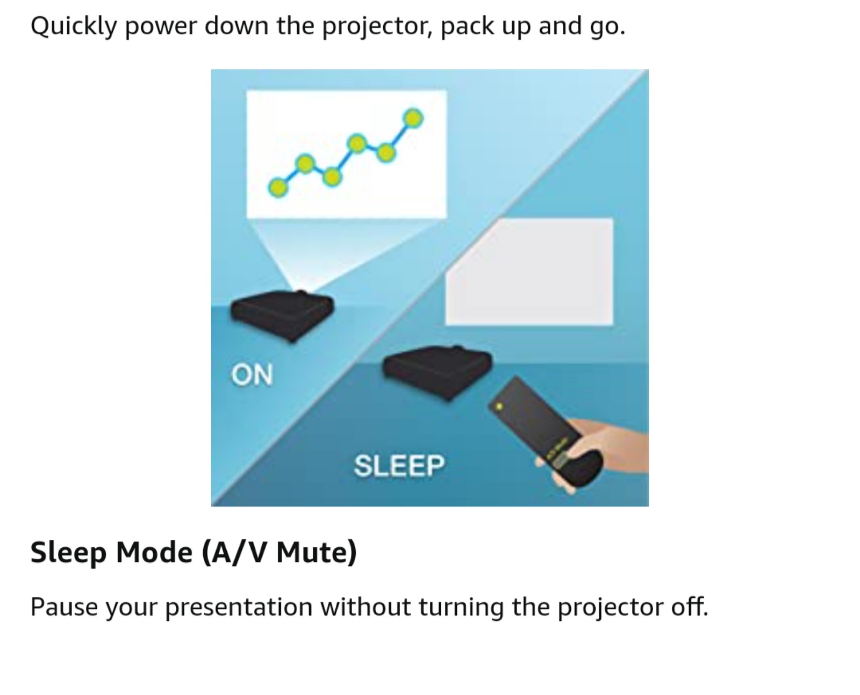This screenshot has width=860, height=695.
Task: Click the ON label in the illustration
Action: pyautogui.click(x=252, y=375)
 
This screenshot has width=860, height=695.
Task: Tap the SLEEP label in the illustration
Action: pyautogui.click(x=399, y=466)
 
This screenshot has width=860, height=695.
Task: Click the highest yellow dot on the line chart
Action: pyautogui.click(x=413, y=119)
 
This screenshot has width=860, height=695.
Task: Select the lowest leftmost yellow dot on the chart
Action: pyautogui.click(x=278, y=187)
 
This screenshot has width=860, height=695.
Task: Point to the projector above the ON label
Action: pyautogui.click(x=282, y=315)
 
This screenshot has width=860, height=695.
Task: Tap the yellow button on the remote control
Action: pyautogui.click(x=499, y=406)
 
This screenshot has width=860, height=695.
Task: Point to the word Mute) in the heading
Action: pyautogui.click(x=317, y=552)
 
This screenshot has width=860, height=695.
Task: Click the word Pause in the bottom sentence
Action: pyautogui.click(x=64, y=607)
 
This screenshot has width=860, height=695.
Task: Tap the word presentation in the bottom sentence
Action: pyautogui.click(x=239, y=607)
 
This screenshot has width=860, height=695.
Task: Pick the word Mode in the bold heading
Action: pyautogui.click(x=154, y=552)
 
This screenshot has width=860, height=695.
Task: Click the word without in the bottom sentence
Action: pyautogui.click(x=365, y=606)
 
